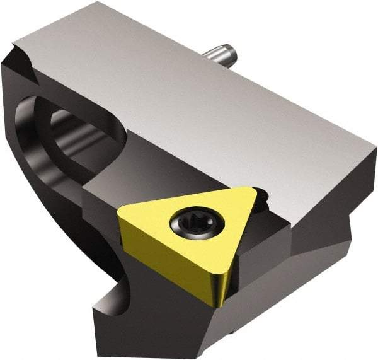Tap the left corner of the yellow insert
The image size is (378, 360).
pos(120,214)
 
